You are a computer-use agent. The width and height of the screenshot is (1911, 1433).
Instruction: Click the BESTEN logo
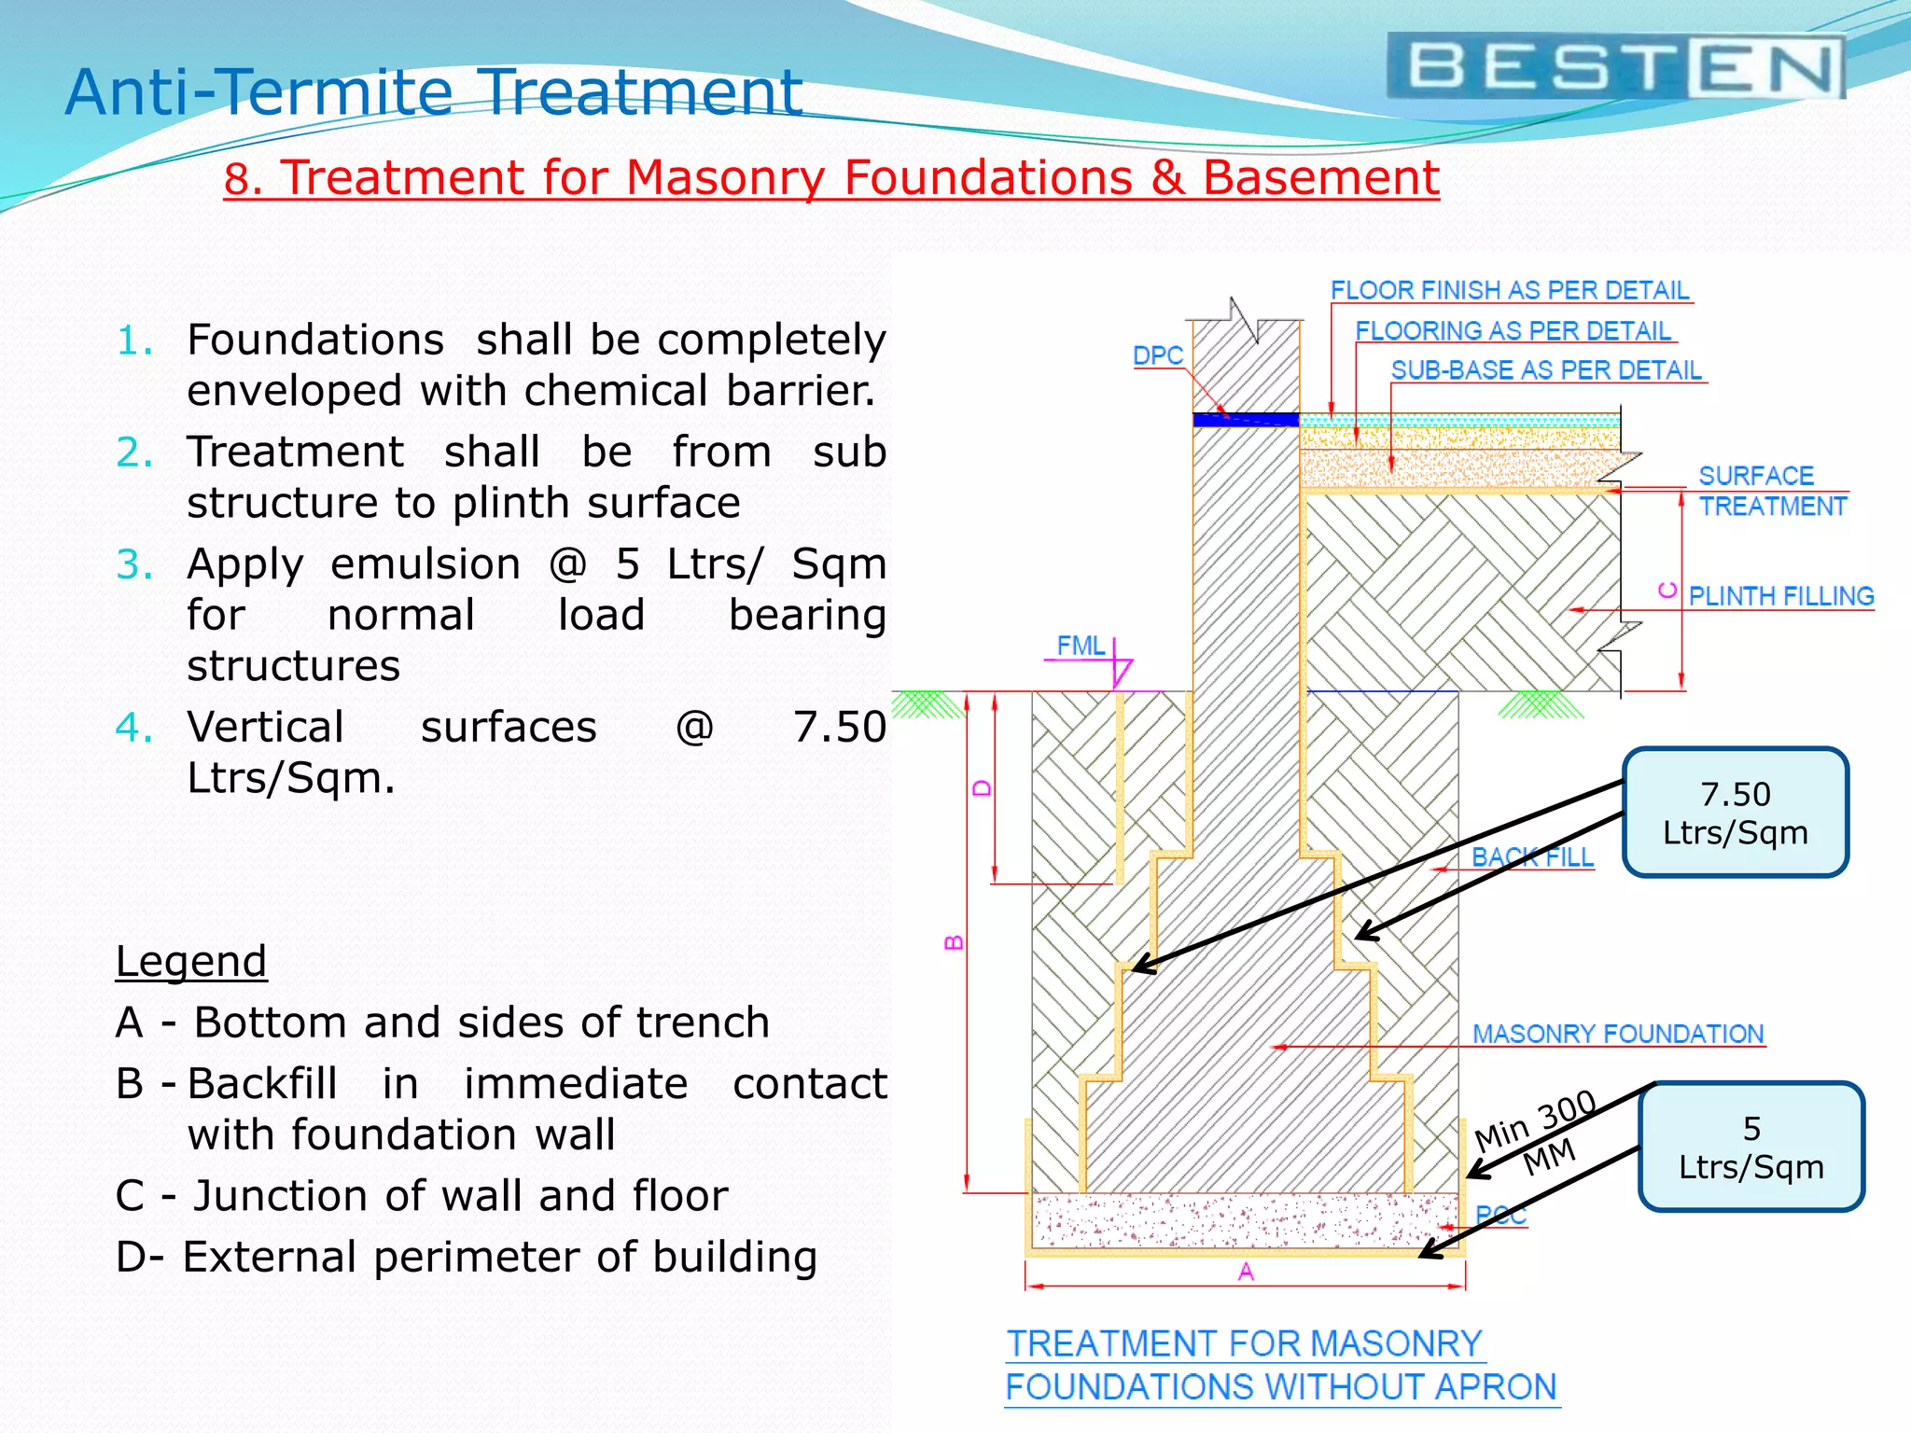[1615, 66]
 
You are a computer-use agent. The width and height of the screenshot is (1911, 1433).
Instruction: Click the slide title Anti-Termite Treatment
[434, 92]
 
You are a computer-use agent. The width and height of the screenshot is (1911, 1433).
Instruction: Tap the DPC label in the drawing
[1157, 355]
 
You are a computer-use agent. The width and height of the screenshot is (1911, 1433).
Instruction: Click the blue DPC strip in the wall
[1246, 420]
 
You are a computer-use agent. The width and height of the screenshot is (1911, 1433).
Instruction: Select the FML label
[1080, 646]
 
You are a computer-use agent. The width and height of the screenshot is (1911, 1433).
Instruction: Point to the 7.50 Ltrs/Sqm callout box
[1736, 813]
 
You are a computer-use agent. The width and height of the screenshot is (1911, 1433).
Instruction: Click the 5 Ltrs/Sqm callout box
[1751, 1148]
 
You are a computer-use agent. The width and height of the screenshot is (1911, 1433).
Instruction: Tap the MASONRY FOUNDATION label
[1617, 1034]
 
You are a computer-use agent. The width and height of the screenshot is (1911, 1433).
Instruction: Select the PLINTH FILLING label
[1780, 596]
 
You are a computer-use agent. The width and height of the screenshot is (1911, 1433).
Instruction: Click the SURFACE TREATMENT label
[1770, 491]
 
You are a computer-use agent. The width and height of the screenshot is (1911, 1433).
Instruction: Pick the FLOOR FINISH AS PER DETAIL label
[1509, 290]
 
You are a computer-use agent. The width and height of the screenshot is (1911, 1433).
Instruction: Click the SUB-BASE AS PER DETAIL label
[1545, 370]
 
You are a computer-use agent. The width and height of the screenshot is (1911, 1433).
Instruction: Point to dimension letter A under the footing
[1246, 1272]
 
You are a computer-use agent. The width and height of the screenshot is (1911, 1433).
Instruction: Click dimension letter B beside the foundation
[954, 942]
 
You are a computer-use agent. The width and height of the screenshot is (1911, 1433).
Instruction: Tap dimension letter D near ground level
[982, 788]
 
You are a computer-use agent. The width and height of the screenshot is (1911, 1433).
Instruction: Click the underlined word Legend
[191, 961]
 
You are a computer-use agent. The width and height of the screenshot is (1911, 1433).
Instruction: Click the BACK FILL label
[1532, 857]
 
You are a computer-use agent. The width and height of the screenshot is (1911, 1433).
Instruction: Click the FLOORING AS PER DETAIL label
[1513, 331]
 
